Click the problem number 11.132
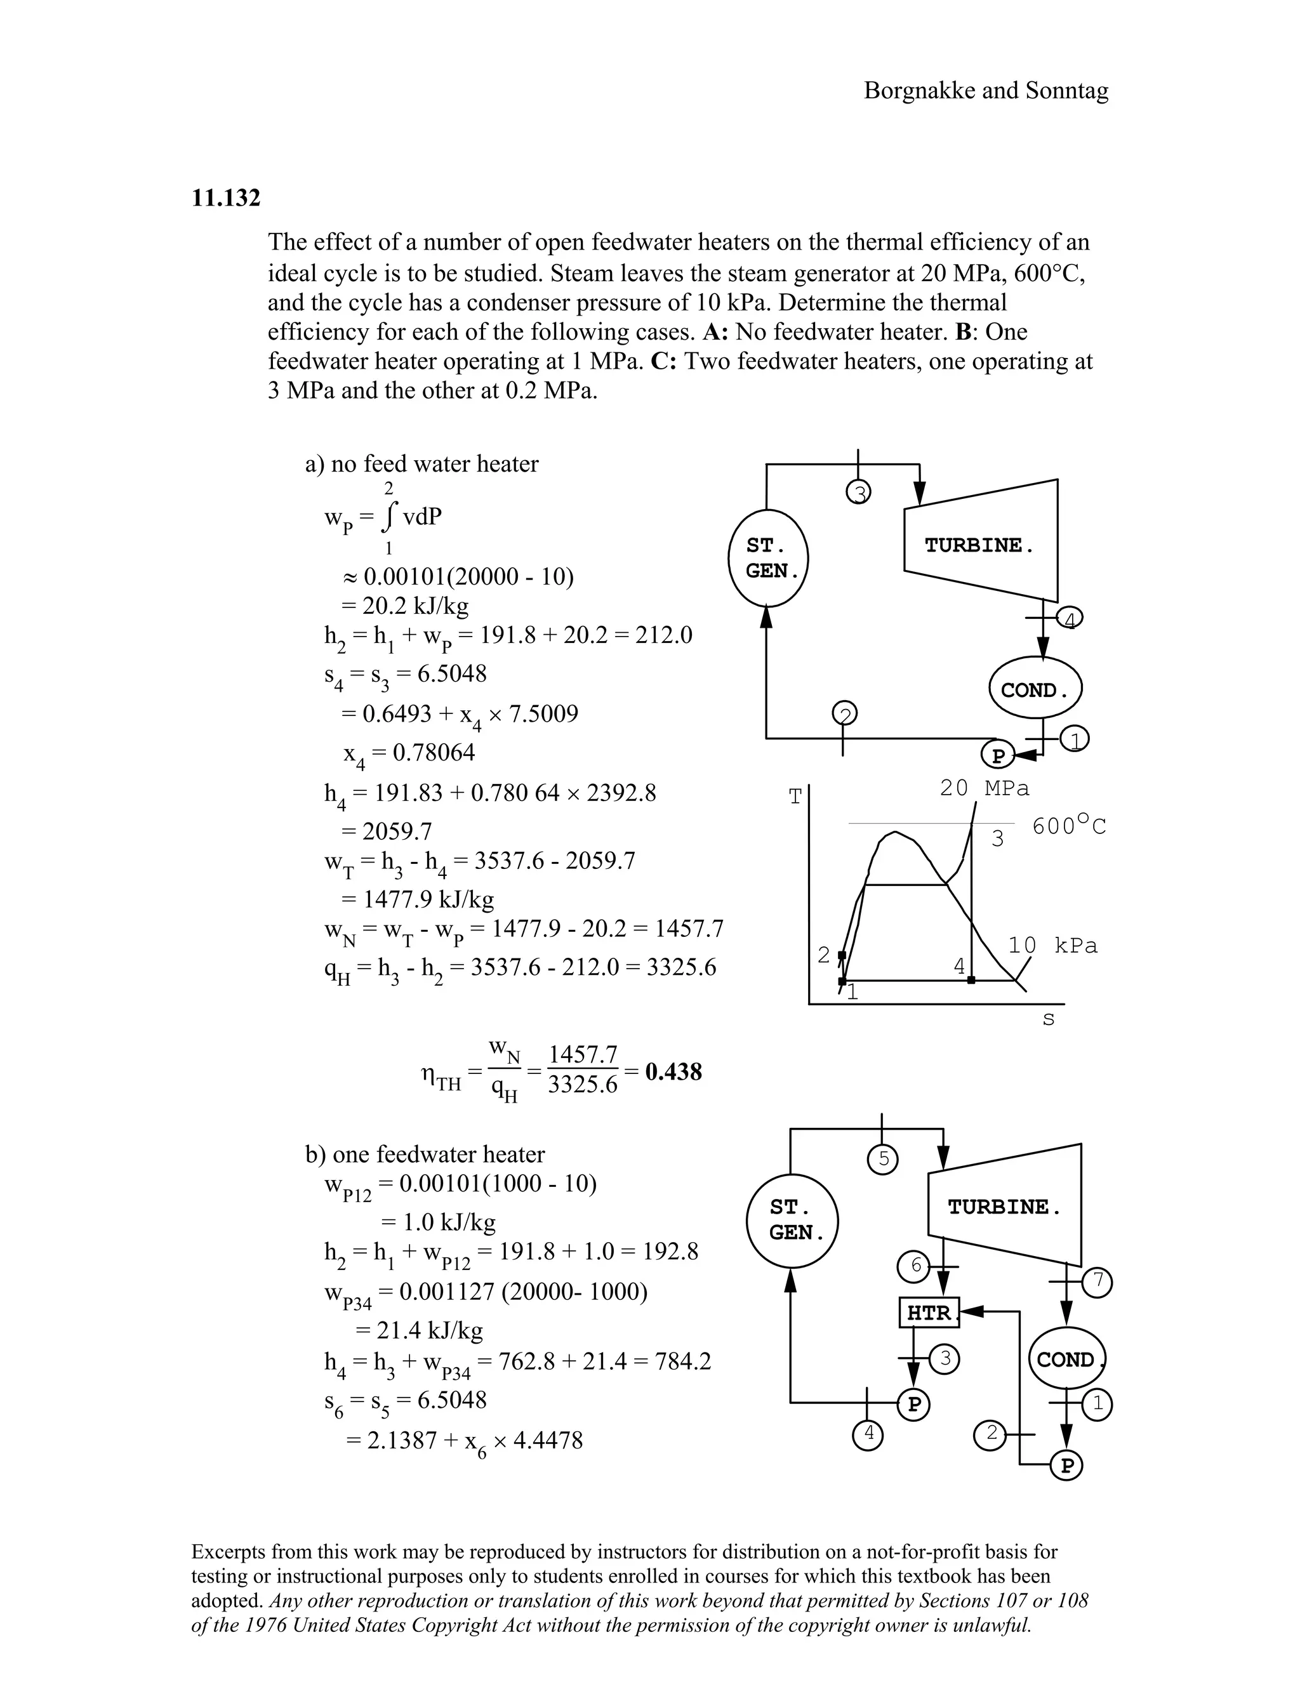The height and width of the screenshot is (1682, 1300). (x=225, y=198)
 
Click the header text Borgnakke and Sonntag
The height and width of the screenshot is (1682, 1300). (x=986, y=90)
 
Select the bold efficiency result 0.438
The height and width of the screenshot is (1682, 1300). (x=673, y=1071)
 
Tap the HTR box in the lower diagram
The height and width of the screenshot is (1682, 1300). (x=929, y=1313)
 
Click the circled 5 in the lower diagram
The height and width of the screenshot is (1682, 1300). (x=884, y=1159)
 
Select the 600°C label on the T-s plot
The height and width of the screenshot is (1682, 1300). (x=1069, y=826)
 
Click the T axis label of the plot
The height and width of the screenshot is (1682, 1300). (x=795, y=798)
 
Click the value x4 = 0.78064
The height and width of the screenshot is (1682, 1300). (x=409, y=752)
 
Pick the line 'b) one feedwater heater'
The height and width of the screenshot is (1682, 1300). (x=425, y=1154)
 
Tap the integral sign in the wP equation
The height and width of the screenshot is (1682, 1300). (x=390, y=517)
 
